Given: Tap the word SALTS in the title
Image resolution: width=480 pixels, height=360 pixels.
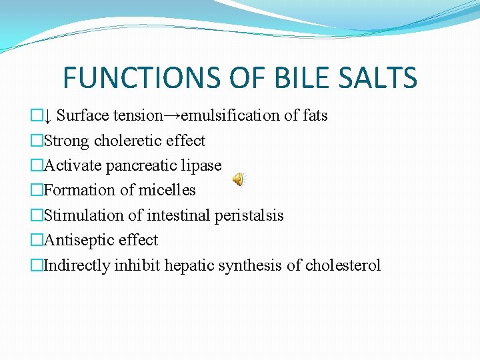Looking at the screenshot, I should pos(375,77).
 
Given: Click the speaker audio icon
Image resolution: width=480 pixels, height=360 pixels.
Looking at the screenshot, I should pos(239,179).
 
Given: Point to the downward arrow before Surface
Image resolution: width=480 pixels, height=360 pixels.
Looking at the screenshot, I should pos(47,116).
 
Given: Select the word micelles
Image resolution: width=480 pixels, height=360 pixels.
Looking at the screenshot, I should pos(170,190).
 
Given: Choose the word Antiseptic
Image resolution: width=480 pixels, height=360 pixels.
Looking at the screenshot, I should pos(73,240).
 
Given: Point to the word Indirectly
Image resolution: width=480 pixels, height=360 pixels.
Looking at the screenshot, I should pos(77,265).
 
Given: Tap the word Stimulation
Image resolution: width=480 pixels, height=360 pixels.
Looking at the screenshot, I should pos(79,215).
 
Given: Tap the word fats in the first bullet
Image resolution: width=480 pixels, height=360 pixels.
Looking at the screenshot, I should pos(315,115).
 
